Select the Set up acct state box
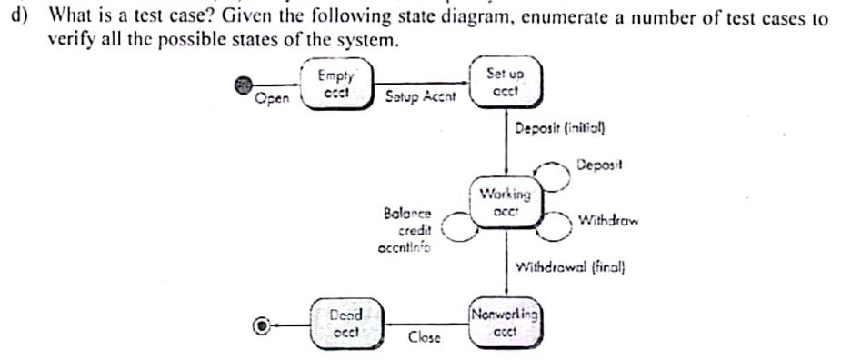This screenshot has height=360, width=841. click(506, 83)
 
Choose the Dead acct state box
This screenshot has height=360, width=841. click(346, 323)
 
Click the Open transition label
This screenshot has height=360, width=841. click(272, 99)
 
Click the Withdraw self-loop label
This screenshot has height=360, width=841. click(608, 220)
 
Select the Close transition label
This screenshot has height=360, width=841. click(424, 337)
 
